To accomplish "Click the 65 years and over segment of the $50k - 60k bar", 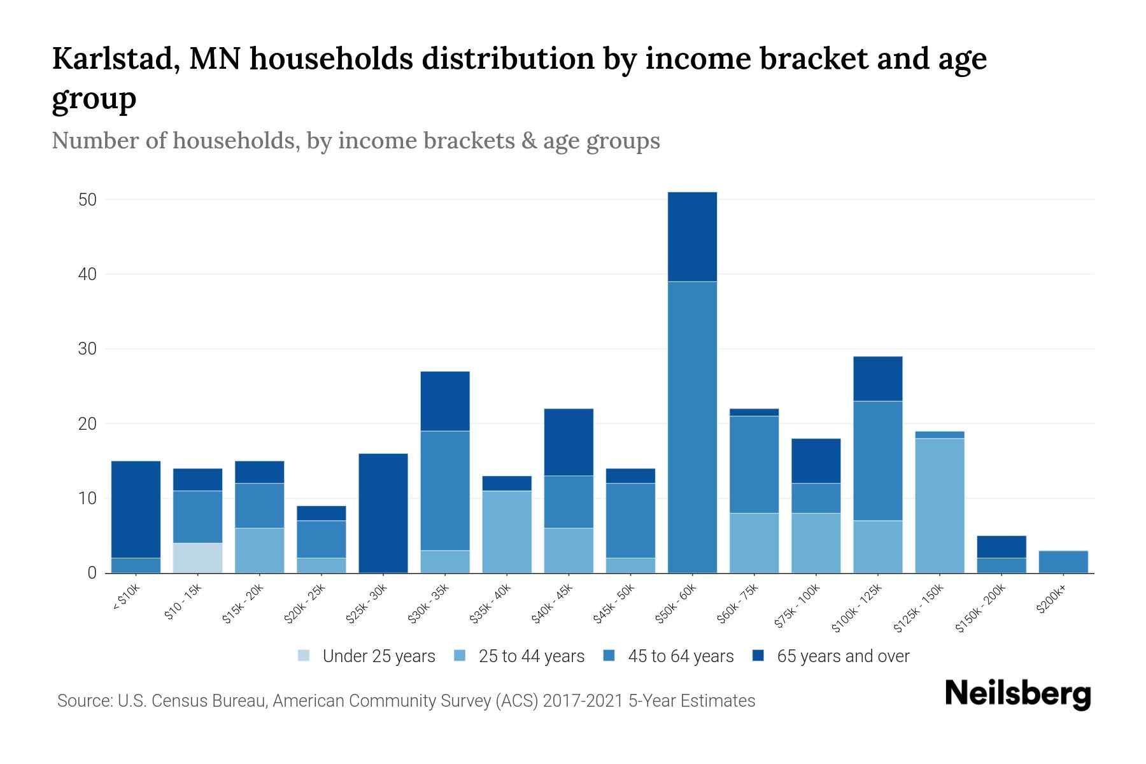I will tap(692, 236).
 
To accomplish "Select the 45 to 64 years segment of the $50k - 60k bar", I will tap(692, 427).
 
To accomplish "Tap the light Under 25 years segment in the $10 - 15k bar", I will tap(197, 558).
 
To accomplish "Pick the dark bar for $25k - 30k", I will tap(383, 513).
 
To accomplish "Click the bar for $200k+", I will tap(1063, 562).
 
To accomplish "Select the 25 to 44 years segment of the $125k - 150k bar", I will tap(940, 506).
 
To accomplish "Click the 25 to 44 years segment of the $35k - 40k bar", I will tap(507, 532).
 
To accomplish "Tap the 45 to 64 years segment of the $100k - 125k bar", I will tap(877, 461).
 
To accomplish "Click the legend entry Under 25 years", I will tap(378, 656).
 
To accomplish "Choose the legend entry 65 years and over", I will tap(842, 656).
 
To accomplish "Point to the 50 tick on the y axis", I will tap(87, 200).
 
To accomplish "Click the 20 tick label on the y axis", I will tap(87, 424).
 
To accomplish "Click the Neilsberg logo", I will tap(1017, 693).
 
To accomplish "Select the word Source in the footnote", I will tap(83, 701).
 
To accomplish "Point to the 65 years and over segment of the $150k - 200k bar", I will tap(1001, 547).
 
